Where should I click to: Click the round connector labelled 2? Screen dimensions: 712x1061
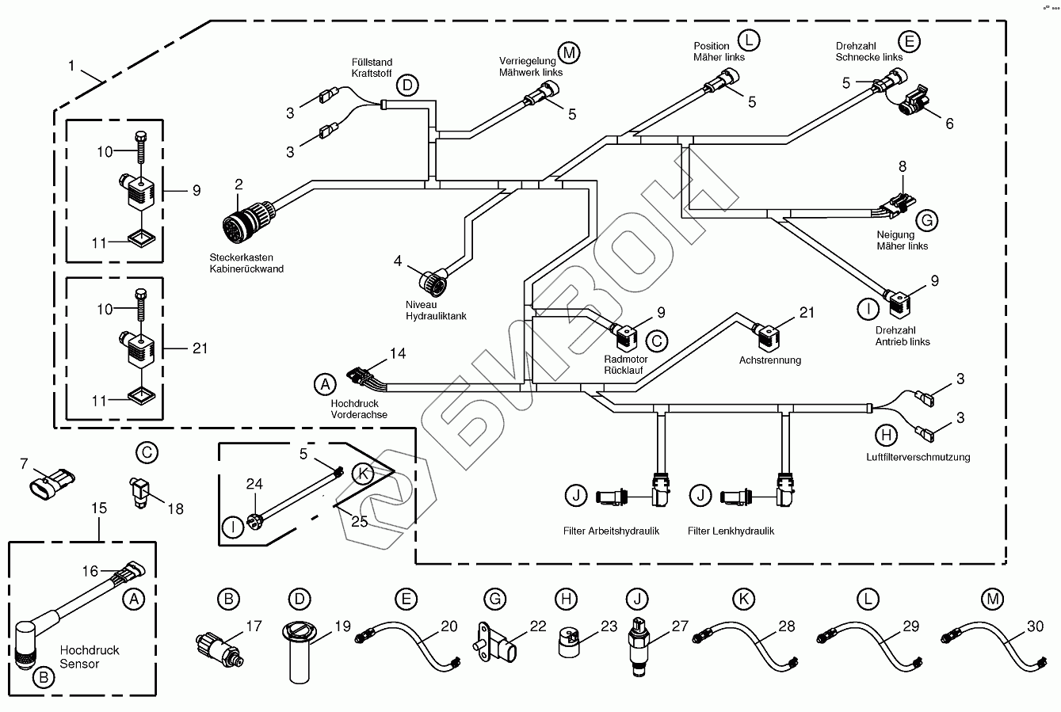click(246, 219)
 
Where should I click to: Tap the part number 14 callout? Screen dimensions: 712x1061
click(398, 353)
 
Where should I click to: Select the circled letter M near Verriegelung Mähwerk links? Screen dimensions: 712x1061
click(568, 52)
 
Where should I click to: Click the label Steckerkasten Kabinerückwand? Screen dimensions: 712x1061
click(246, 263)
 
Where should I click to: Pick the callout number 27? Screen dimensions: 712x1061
click(681, 626)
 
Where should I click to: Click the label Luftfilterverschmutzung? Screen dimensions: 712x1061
click(918, 456)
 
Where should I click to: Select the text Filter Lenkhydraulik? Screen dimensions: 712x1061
click(731, 531)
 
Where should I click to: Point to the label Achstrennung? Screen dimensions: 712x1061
click(769, 360)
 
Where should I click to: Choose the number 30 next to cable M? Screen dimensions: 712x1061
click(1036, 626)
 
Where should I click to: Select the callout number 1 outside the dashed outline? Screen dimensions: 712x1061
click(71, 67)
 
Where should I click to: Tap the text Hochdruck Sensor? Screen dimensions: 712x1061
click(90, 657)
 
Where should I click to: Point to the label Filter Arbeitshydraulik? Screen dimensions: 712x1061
click(611, 531)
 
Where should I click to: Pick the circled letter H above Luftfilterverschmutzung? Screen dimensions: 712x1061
click(887, 434)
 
